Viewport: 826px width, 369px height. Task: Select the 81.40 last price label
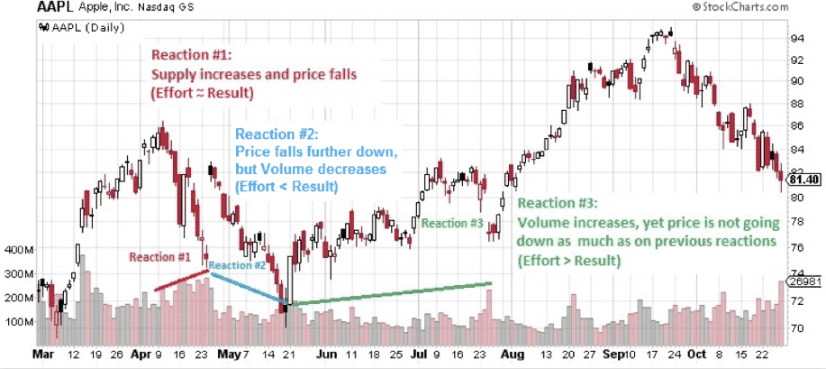(803, 180)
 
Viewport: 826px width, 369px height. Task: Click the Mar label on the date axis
(44, 356)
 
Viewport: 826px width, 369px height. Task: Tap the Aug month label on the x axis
(513, 356)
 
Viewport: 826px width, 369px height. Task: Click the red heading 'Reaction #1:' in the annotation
(192, 51)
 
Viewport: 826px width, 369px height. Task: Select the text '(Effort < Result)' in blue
(286, 187)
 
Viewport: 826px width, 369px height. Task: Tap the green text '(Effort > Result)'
(568, 261)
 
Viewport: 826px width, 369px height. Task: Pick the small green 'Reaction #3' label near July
(452, 223)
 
